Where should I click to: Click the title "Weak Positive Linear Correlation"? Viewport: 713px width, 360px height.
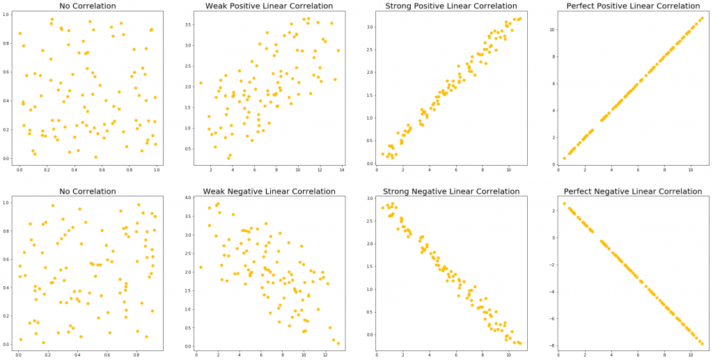click(x=269, y=6)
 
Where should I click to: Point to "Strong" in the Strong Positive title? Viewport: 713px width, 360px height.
click(x=402, y=6)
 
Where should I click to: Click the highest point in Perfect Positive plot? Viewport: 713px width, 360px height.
click(x=702, y=18)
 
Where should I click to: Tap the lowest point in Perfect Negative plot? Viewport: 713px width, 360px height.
click(x=702, y=343)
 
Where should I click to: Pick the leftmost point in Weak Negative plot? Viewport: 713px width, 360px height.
click(x=201, y=267)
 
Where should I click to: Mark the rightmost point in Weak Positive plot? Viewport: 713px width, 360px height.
click(x=338, y=50)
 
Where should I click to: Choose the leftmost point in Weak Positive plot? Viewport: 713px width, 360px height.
click(x=201, y=83)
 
